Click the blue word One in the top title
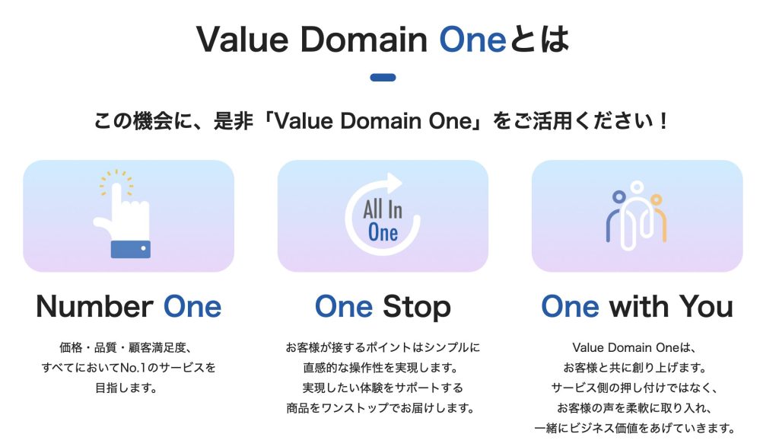click(x=472, y=40)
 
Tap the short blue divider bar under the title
click(x=383, y=78)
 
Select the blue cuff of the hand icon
click(x=131, y=249)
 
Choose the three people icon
click(x=637, y=216)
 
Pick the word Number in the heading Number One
click(x=94, y=306)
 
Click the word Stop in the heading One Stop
click(x=416, y=307)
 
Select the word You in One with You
click(x=706, y=306)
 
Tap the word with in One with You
click(x=639, y=306)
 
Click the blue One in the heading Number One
click(x=192, y=306)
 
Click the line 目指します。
click(x=126, y=388)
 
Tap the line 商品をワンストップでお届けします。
click(x=380, y=408)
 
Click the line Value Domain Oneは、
click(x=634, y=347)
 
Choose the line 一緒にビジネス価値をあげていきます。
click(x=634, y=428)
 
